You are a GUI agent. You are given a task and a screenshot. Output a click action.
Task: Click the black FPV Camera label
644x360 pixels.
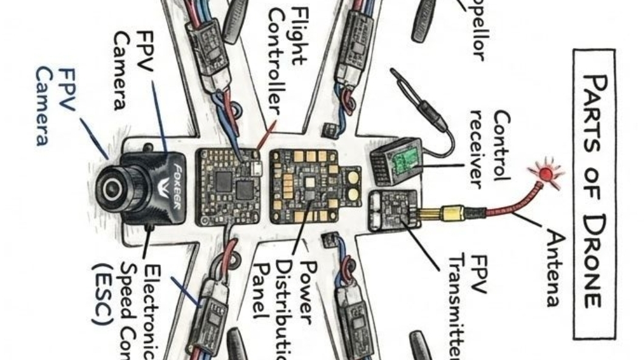131,69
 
